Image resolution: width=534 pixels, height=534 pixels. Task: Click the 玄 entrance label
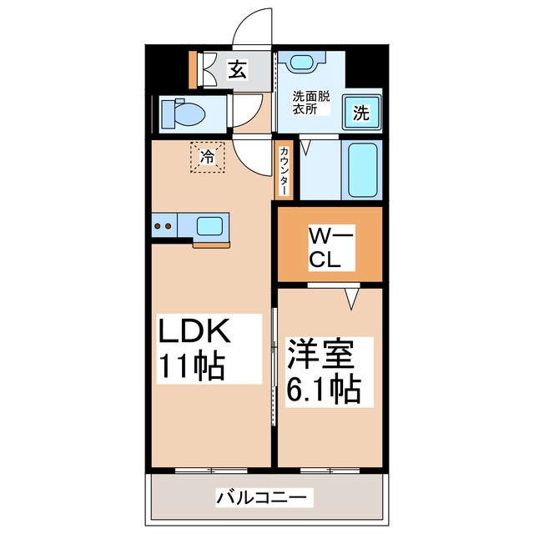[x=239, y=70]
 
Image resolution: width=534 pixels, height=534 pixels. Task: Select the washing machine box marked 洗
[x=362, y=111]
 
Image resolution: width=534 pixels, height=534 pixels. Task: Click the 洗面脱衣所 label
[x=310, y=103]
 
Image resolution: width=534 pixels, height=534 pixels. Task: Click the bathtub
[x=362, y=170]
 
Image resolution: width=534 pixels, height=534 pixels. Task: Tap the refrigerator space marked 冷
[x=208, y=155]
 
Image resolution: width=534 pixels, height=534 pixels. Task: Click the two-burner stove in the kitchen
[x=164, y=225]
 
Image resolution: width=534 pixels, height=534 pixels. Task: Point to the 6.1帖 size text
[x=324, y=389]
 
